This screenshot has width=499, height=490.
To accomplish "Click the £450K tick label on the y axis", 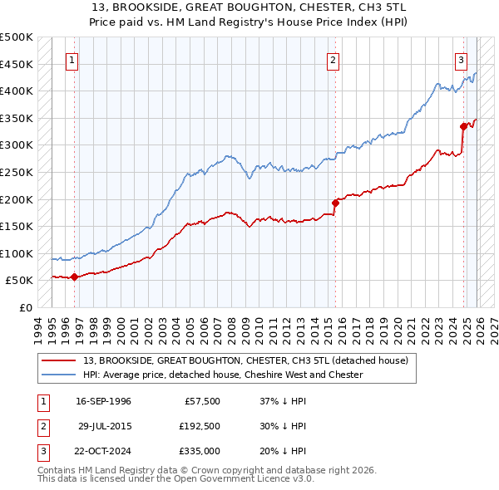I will click(x=16, y=64).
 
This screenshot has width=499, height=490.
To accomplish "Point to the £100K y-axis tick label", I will click(x=16, y=253).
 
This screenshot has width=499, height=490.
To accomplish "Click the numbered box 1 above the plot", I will click(x=73, y=59).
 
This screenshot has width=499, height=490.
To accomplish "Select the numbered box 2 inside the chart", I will click(x=333, y=59).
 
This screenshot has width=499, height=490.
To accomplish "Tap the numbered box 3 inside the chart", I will click(x=460, y=59).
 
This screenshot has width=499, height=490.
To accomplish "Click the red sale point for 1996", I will click(x=74, y=277).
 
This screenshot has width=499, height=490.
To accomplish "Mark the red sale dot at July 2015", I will click(x=335, y=203).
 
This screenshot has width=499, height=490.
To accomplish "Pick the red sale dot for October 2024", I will click(x=463, y=126).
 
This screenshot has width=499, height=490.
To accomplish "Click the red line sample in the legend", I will click(x=58, y=361).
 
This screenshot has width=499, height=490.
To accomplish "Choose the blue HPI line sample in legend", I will click(x=58, y=375).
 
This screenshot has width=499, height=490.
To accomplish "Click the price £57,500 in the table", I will click(x=200, y=401).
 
